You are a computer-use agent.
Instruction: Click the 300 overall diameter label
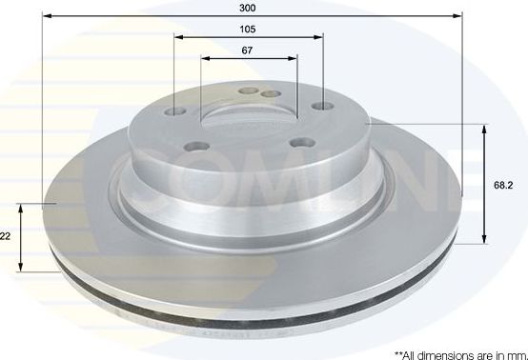249,7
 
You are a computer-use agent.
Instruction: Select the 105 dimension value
249,29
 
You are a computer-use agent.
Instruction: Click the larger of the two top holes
251,91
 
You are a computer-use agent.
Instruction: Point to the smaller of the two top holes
267,93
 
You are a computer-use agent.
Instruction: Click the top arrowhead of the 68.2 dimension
487,126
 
